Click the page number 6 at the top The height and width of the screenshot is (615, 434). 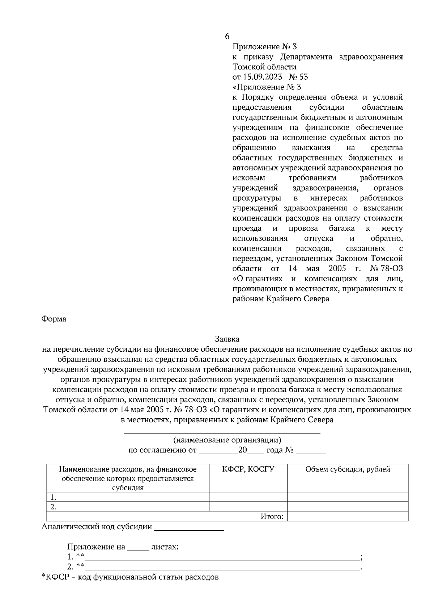coord(227,37)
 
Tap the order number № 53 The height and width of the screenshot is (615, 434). coord(299,77)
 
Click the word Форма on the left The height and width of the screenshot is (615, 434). coord(54,319)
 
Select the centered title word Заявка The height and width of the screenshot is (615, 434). coord(227,339)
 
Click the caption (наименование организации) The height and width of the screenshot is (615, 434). coord(227,440)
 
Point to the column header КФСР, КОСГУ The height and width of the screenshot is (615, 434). coord(248,469)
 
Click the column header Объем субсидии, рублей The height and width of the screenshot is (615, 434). coord(348,469)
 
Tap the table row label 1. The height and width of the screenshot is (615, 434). coord(53,497)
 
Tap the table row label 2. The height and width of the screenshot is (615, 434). coord(53,506)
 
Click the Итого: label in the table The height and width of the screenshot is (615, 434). coord(272,516)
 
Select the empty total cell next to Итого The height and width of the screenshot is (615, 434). coord(348,516)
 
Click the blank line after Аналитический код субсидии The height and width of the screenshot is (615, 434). coord(189,527)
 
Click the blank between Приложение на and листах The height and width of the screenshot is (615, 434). coord(138,547)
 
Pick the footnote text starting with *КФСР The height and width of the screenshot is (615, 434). coord(130,577)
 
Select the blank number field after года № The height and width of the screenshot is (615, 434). coord(311,451)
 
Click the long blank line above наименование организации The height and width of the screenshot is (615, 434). coord(222,432)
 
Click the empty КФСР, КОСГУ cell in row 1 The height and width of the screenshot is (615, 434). coord(248,497)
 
